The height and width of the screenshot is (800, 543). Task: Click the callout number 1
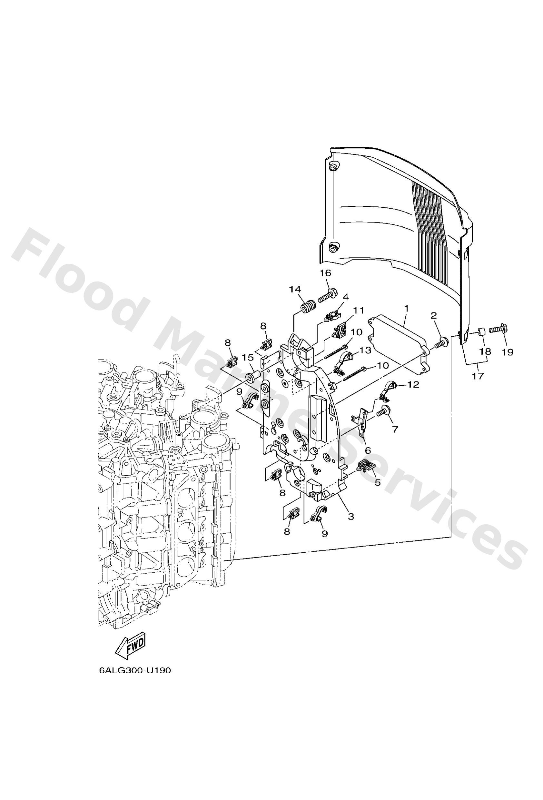point(406,309)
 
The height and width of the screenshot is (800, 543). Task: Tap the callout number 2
point(433,315)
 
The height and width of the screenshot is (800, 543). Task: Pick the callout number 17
point(477,376)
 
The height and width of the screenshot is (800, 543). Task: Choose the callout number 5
point(377,482)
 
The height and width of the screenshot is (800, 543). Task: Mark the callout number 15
point(248,358)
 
